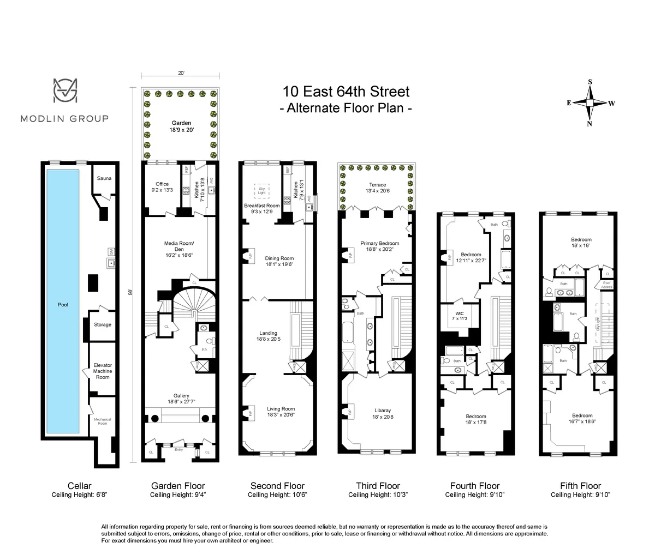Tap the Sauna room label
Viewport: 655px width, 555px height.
point(104,178)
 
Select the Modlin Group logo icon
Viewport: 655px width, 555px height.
point(64,91)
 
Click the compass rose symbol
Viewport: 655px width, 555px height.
point(590,102)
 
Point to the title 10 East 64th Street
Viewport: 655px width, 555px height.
point(346,91)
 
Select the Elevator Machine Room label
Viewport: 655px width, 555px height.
point(103,371)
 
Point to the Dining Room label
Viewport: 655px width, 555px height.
point(279,258)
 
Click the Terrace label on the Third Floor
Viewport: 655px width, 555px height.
point(377,185)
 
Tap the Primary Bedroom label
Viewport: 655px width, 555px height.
point(379,243)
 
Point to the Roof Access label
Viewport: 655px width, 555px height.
point(606,285)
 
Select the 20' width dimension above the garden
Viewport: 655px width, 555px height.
point(181,73)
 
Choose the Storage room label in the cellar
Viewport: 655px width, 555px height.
point(103,324)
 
